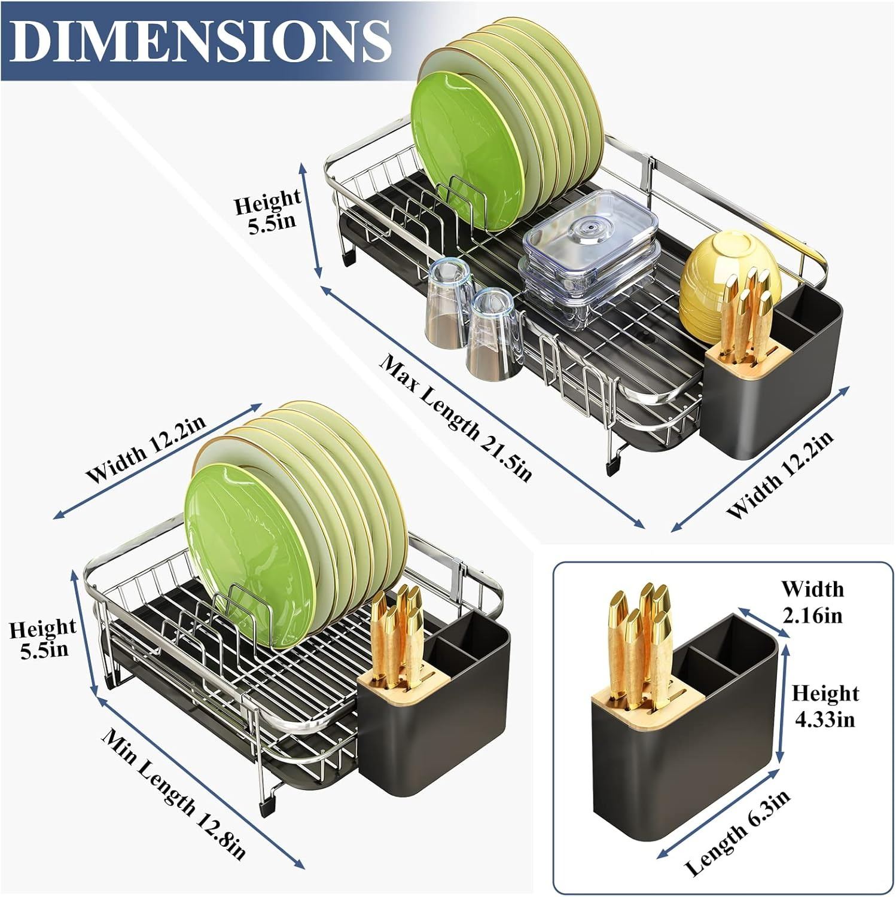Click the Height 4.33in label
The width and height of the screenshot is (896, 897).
click(x=825, y=706)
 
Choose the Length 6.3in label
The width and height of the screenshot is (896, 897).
click(x=737, y=832)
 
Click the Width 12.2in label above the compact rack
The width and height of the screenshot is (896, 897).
click(x=147, y=448)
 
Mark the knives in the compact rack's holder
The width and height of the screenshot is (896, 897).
click(x=398, y=633)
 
